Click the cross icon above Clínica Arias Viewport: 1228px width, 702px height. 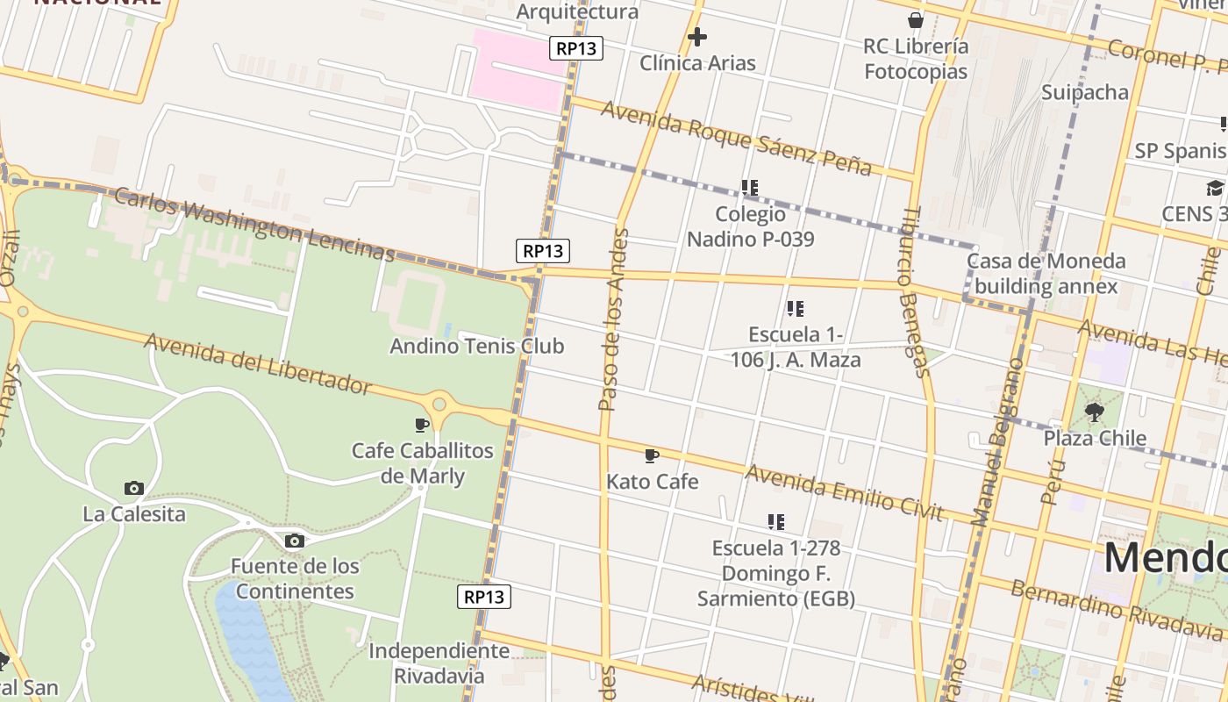click(697, 37)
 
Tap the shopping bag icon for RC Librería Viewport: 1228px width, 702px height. click(916, 20)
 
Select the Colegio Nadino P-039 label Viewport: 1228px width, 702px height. click(750, 226)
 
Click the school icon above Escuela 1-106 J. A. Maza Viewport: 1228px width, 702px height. click(796, 308)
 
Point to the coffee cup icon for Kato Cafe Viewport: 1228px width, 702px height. click(651, 455)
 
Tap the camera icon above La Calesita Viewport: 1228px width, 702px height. click(134, 488)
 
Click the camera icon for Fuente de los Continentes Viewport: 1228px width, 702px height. click(295, 541)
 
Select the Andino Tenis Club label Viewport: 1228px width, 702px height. click(476, 346)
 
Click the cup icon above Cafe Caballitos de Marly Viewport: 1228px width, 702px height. click(422, 426)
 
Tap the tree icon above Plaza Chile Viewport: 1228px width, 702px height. click(1094, 412)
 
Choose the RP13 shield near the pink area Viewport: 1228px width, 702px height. click(576, 48)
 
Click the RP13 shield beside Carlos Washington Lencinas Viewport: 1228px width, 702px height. click(542, 251)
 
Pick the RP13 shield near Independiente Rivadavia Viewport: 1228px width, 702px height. click(484, 598)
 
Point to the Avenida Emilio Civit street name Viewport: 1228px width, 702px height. click(844, 492)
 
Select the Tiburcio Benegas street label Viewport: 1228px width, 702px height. click(912, 293)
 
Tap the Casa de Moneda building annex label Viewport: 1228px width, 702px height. click(1046, 273)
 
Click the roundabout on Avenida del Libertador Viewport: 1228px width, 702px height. click(439, 405)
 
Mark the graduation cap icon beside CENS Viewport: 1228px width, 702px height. click(1215, 188)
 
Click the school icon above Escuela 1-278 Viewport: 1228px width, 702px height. click(775, 522)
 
